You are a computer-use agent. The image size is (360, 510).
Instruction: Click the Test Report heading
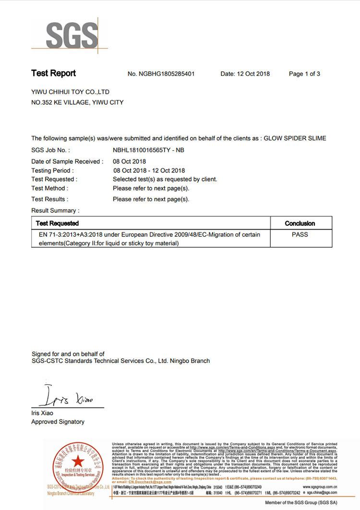(53, 73)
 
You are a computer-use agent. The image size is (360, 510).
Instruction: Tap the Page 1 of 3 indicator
(304, 74)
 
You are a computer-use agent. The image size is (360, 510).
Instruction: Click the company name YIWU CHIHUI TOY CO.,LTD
(70, 92)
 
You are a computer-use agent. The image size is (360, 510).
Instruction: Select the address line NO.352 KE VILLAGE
(77, 102)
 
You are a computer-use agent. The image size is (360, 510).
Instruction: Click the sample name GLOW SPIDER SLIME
(295, 138)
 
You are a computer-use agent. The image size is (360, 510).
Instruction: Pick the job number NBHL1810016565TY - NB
(148, 150)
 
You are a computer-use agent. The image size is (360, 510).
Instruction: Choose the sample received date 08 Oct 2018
(130, 161)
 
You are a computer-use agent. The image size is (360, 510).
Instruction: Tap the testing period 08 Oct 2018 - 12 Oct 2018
(149, 170)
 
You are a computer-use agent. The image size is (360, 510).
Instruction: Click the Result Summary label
(55, 210)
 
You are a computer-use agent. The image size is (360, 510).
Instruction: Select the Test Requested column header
(57, 223)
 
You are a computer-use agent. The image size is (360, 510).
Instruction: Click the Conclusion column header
(300, 223)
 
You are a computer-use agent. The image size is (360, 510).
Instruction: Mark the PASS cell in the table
(300, 235)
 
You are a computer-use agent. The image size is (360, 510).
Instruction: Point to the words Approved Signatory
(58, 422)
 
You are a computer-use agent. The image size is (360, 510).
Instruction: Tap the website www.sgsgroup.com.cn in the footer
(320, 486)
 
